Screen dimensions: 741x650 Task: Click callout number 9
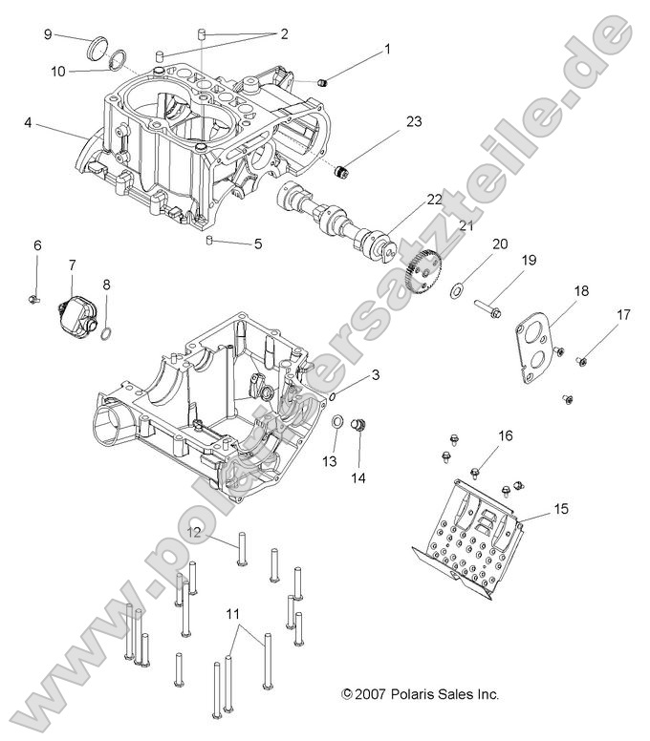point(48,34)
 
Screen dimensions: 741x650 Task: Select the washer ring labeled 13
point(339,422)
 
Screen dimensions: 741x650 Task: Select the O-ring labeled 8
point(108,333)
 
